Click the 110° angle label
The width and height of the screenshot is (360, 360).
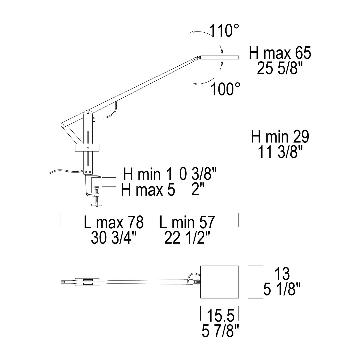[224, 31]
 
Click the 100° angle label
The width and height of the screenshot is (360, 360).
[225, 89]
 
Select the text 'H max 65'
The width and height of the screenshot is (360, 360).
[280, 53]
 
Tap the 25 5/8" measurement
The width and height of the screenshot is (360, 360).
[280, 68]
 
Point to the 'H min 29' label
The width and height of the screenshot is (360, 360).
[280, 137]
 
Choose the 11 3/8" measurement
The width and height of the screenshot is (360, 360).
[280, 152]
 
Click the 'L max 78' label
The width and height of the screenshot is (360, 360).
[114, 222]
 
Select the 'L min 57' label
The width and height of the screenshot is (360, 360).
[187, 222]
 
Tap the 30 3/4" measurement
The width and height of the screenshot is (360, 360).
[114, 238]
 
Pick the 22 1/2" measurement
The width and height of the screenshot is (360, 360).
[187, 238]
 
